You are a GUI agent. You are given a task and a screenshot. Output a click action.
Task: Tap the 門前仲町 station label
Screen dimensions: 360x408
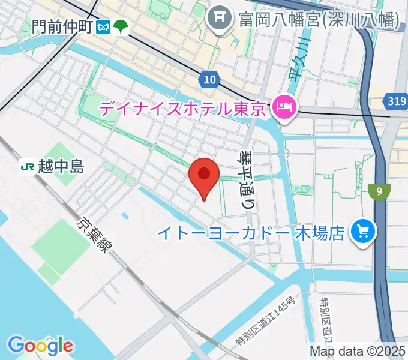62,26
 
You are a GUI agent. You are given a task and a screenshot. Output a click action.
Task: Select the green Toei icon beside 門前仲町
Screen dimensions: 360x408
121,27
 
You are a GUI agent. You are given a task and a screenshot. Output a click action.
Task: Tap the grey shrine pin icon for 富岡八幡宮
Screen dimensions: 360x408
219,17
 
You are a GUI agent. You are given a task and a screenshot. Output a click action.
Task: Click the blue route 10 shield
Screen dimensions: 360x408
208,80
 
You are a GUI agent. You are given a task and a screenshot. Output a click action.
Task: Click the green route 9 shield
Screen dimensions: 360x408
380,192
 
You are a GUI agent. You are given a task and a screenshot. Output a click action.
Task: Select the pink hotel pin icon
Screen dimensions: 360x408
283,109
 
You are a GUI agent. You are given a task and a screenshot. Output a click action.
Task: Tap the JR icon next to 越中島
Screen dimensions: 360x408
27,165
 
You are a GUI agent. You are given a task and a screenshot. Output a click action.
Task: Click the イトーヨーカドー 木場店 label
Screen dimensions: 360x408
251,232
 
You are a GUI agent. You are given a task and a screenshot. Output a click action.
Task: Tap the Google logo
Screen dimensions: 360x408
40,345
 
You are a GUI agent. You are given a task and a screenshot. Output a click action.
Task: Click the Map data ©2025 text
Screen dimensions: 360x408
358,351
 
